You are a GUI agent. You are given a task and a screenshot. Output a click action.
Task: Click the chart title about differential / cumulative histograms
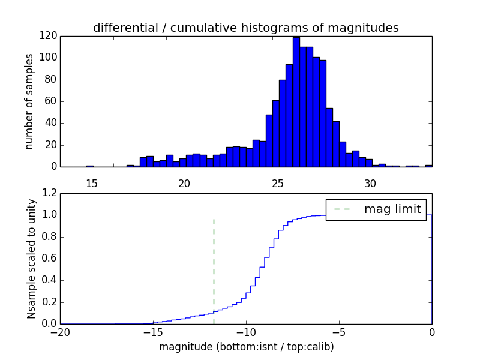245,28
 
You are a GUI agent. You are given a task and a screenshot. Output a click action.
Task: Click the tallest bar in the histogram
296,102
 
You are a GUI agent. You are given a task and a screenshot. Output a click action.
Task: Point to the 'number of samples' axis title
29,101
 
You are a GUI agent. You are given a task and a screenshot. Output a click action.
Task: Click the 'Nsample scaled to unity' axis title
31,259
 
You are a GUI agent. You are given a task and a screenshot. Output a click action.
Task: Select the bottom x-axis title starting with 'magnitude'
246,347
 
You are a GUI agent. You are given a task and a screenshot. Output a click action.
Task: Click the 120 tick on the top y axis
49,36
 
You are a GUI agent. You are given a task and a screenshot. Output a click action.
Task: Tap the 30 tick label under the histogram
370,182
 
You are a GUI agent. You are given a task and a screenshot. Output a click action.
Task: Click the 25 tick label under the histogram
277,182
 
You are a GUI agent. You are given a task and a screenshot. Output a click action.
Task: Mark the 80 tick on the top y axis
52,80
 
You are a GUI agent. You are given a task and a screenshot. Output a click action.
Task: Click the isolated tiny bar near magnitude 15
89,166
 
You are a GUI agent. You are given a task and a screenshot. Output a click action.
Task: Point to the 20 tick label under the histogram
184,182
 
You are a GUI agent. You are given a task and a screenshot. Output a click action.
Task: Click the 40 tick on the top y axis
52,123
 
